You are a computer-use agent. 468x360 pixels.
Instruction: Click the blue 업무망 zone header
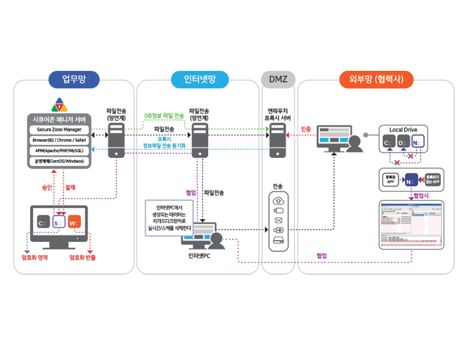tap(74, 79)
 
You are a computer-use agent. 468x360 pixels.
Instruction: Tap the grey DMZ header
tap(278, 79)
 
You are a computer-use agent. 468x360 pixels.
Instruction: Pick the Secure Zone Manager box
tap(59, 130)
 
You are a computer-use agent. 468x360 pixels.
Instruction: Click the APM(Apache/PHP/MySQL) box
tap(59, 151)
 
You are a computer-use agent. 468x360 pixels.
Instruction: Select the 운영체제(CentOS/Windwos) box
tap(59, 161)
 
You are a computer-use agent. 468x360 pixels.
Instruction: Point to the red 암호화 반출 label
tap(82, 257)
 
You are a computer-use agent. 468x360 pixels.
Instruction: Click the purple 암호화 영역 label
tap(34, 257)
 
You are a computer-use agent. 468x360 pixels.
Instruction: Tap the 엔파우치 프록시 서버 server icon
tap(278, 141)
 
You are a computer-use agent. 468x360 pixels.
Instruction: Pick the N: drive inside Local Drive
tap(418, 143)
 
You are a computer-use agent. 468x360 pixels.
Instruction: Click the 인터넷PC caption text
tap(199, 256)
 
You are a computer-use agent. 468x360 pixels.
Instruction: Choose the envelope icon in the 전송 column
tap(278, 220)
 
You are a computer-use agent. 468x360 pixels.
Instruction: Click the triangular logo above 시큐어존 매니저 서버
tap(59, 104)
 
